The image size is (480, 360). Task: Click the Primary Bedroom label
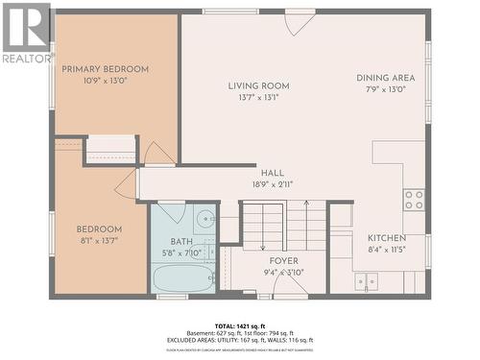coord(106,69)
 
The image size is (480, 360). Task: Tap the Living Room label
coord(258,85)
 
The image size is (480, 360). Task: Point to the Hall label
coord(273,173)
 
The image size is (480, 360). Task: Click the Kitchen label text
coord(386,237)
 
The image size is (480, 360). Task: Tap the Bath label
coord(181,242)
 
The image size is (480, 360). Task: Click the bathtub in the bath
coord(184,277)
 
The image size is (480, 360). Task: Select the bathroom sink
coord(205,218)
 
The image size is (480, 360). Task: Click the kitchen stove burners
coord(414,200)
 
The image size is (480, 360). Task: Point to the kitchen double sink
coord(366,280)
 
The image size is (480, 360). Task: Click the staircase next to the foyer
coord(283,226)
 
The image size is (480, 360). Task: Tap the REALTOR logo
coord(26,33)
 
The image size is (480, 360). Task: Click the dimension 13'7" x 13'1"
coord(258,97)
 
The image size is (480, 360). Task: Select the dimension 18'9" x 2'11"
coord(273,184)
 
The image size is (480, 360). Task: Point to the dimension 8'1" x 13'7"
coord(100,241)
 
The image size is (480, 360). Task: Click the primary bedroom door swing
coord(157,154)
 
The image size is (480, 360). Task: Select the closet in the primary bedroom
coord(110,150)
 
